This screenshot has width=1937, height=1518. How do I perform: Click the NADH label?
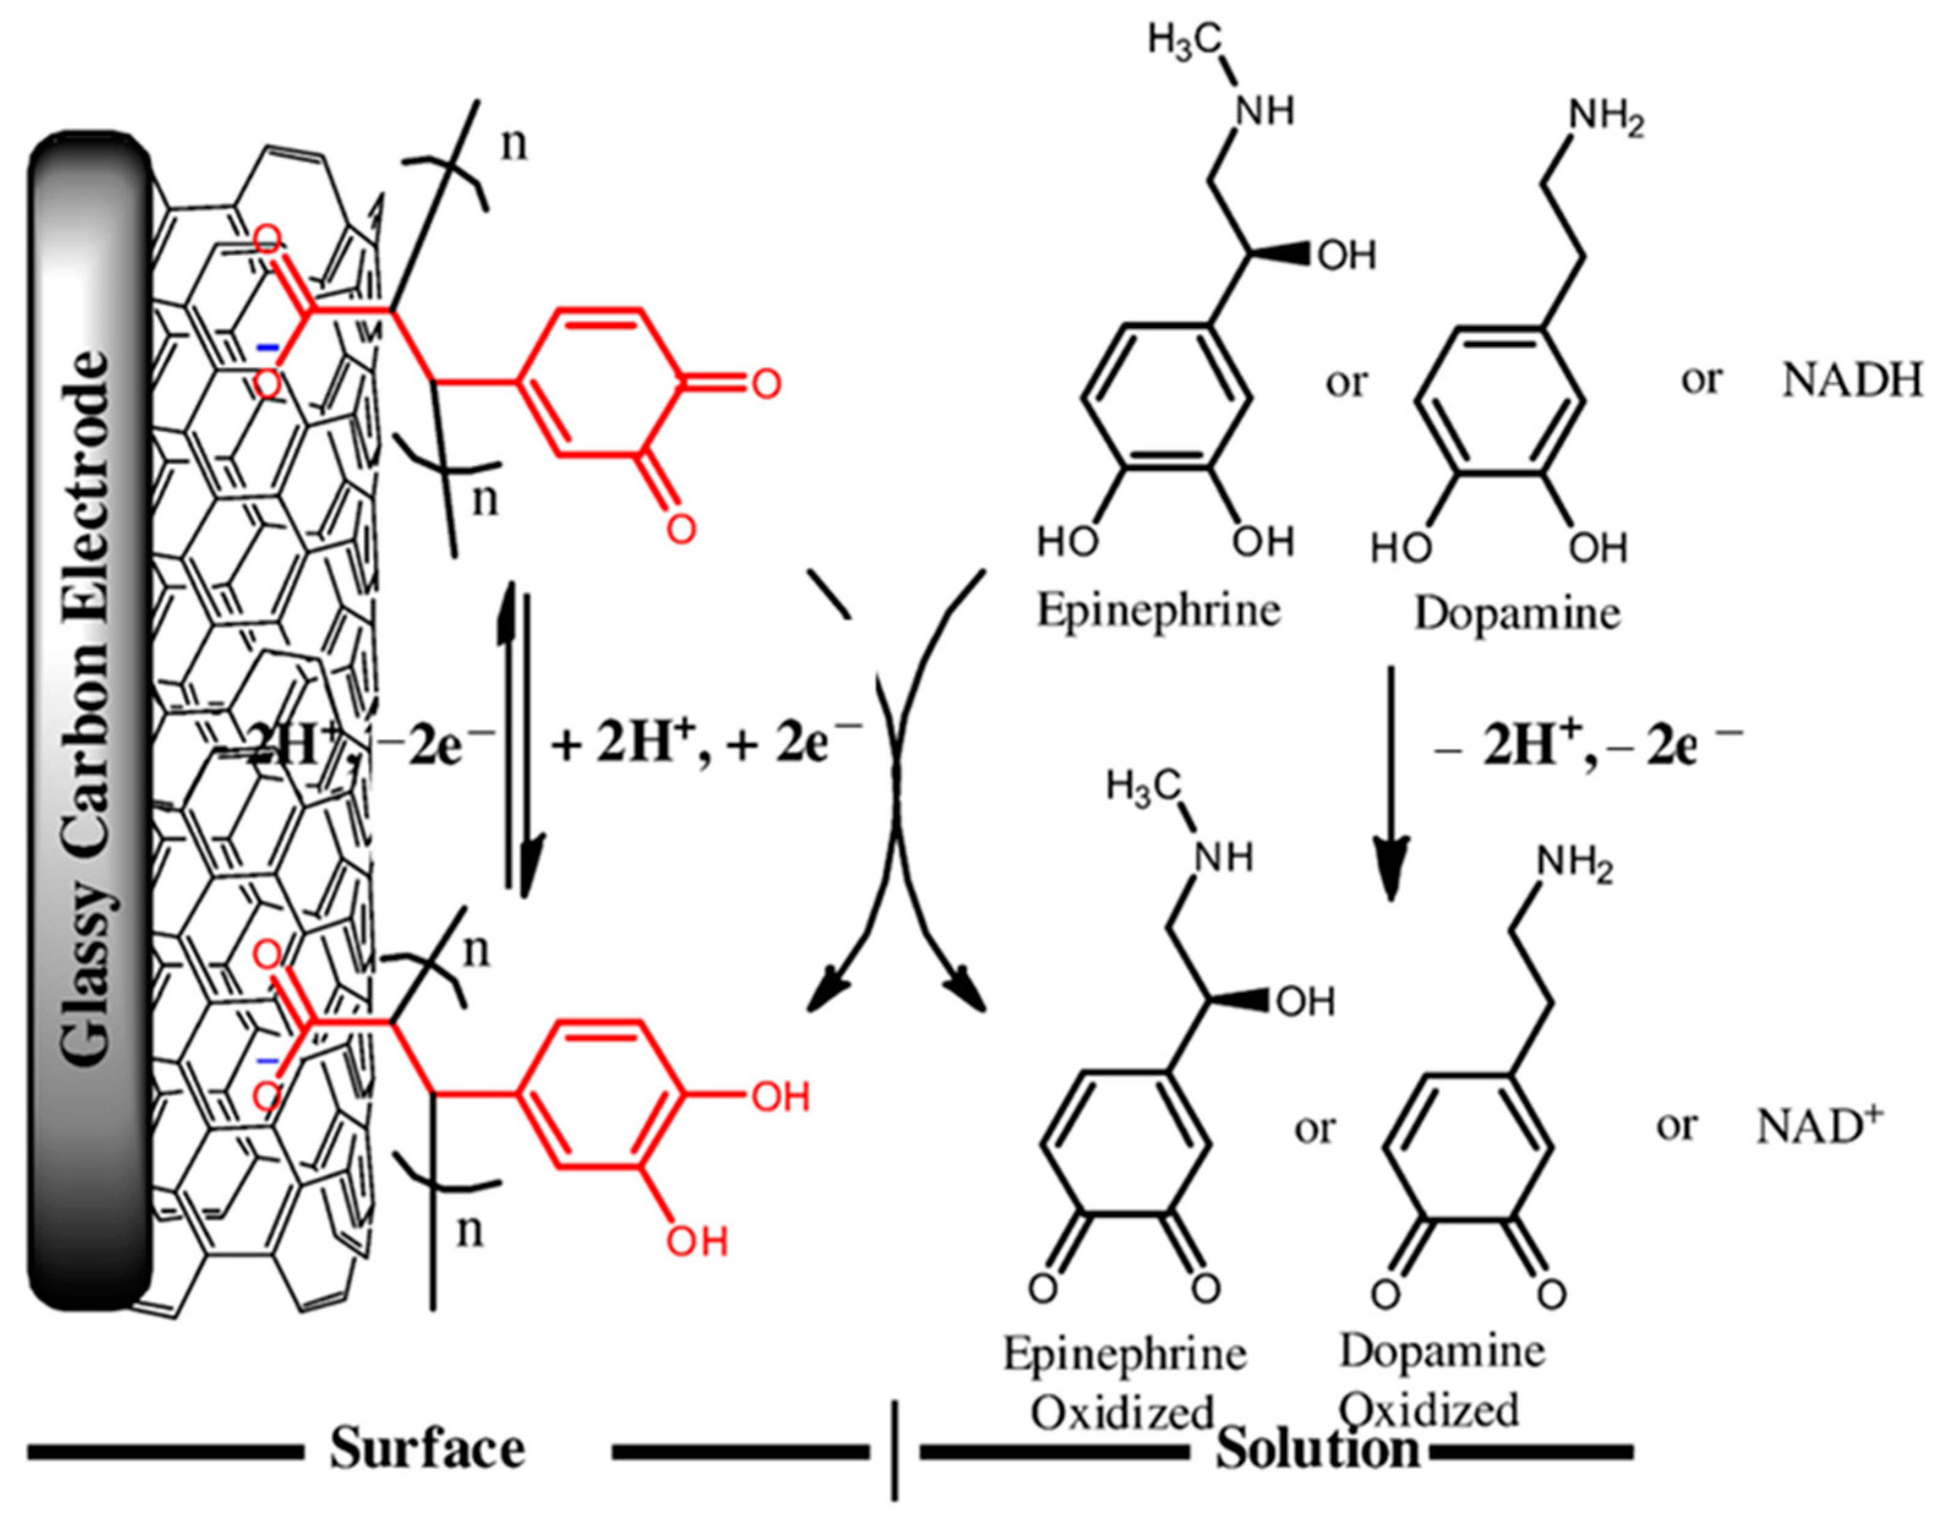pos(1852,381)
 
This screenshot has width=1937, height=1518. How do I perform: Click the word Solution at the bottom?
pos(1318,1451)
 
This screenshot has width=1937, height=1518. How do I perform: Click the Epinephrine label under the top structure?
pos(1159,611)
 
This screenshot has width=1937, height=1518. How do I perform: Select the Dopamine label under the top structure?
pos(1517,613)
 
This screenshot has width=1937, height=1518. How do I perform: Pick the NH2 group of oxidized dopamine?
pos(1573,863)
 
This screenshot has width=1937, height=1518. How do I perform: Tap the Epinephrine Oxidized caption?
pos(1124,1382)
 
